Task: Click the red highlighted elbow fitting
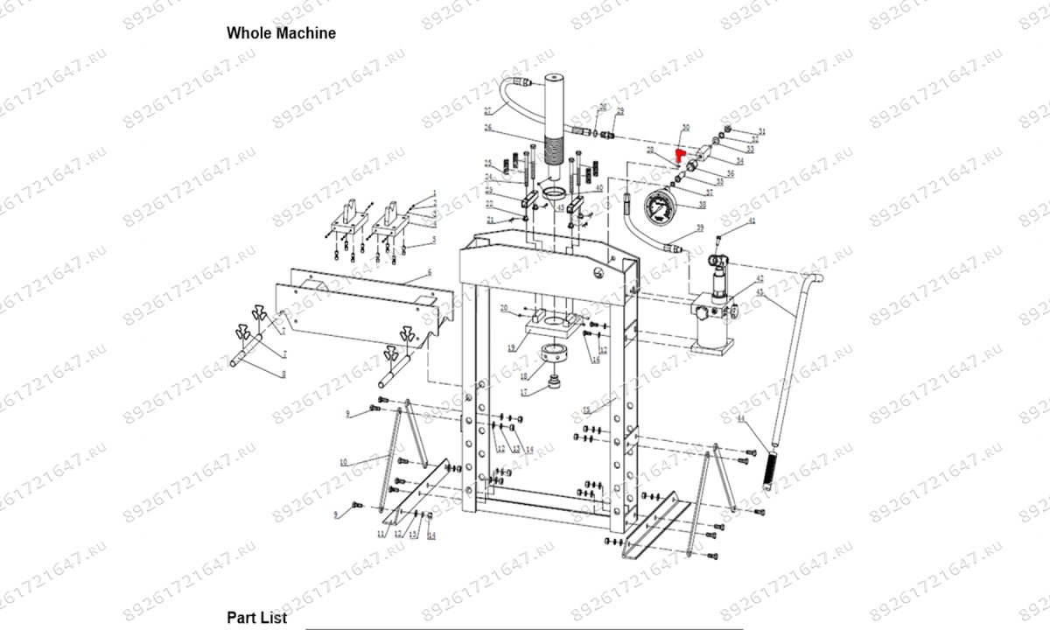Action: (679, 154)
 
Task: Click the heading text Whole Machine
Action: (281, 33)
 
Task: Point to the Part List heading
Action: (257, 618)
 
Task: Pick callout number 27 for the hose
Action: (488, 110)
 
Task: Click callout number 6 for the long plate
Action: (430, 274)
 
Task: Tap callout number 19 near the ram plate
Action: (512, 348)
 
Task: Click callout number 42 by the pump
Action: (759, 278)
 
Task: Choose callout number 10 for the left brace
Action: (344, 461)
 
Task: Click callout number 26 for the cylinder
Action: (488, 129)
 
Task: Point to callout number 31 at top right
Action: (762, 131)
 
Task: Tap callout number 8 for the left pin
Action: (283, 374)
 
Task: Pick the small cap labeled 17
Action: (554, 384)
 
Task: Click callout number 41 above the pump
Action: (750, 225)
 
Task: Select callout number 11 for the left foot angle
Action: (381, 533)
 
